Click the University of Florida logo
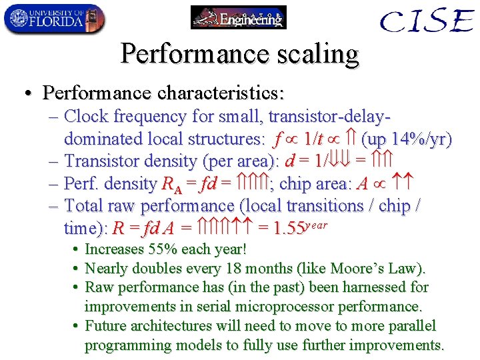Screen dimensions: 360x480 pos(54,19)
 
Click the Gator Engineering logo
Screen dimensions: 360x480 pos(238,17)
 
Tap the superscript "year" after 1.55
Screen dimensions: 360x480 pos(316,224)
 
